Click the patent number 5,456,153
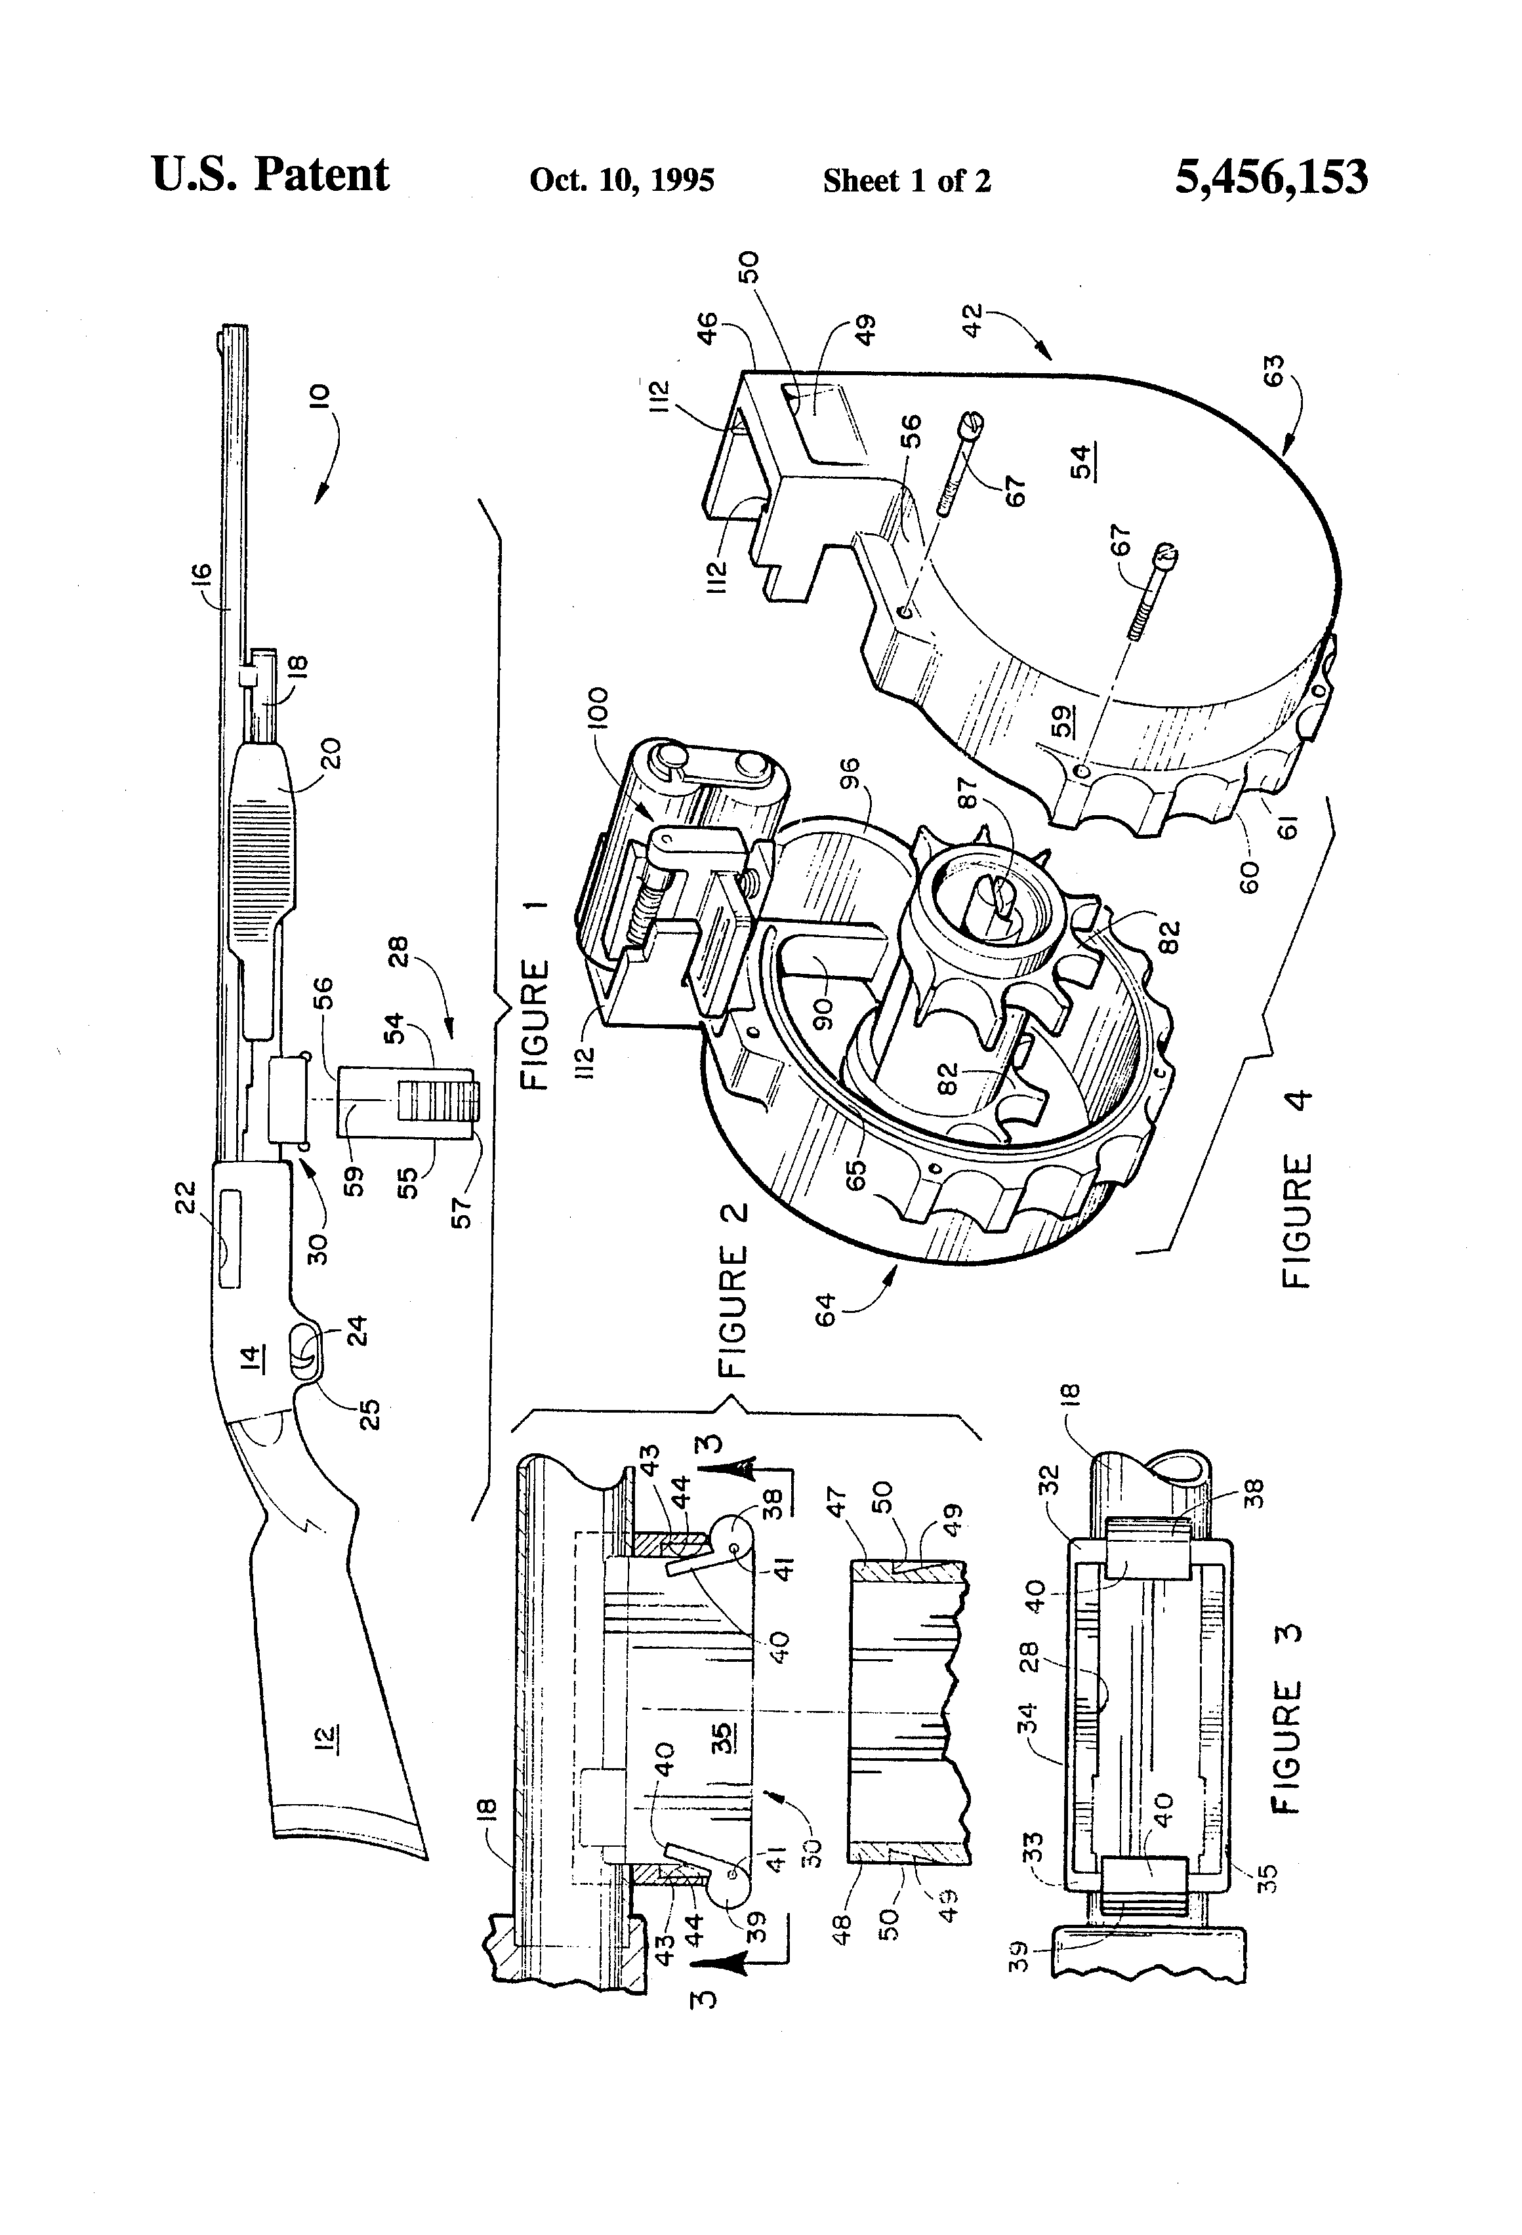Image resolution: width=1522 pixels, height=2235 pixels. (x=1270, y=178)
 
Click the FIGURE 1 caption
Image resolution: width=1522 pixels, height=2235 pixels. (x=535, y=996)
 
